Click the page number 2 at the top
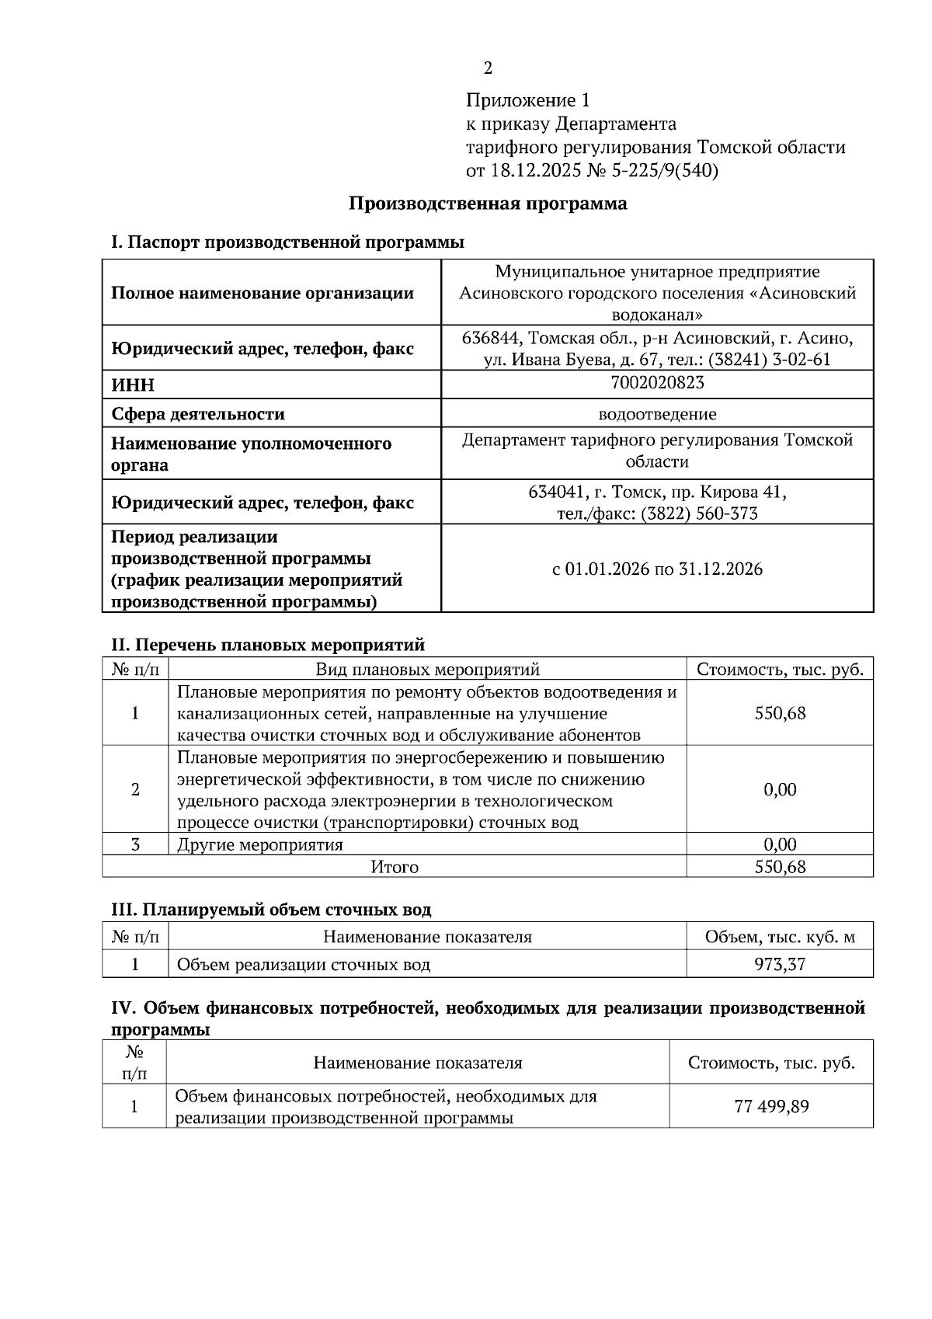pos(488,68)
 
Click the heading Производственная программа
pos(487,204)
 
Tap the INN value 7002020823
pos(657,382)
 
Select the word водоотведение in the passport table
pos(657,414)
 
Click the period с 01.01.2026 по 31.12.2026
pos(657,569)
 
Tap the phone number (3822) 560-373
pos(699,513)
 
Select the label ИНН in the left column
pos(133,385)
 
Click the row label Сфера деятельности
pos(197,414)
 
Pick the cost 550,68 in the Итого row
pos(780,867)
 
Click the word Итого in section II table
pos(394,867)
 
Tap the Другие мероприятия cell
pos(260,844)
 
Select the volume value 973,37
pos(780,965)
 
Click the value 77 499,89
pos(771,1106)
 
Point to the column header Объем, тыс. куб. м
pos(780,937)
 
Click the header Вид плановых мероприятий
pos(427,670)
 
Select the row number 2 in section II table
pos(135,789)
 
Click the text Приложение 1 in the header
pos(527,100)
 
